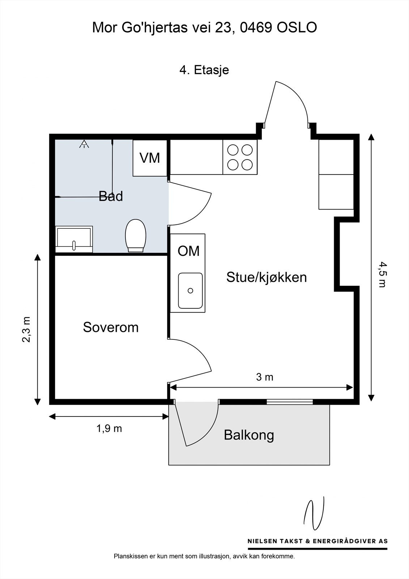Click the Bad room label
[x=111, y=196]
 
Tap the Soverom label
[x=111, y=327]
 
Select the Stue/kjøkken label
[x=267, y=277]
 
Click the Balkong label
[x=249, y=435]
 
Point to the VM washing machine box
[x=150, y=158]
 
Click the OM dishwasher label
[x=188, y=251]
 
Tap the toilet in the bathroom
[x=136, y=236]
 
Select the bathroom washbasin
[x=74, y=239]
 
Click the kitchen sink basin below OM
[x=190, y=291]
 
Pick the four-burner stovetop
[x=240, y=157]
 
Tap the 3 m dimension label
[x=265, y=377]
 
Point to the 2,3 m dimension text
[x=27, y=329]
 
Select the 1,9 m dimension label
[x=109, y=428]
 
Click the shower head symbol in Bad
[x=84, y=144]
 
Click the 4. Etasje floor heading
[x=204, y=69]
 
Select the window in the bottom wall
[x=290, y=402]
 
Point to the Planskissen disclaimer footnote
[x=204, y=556]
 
